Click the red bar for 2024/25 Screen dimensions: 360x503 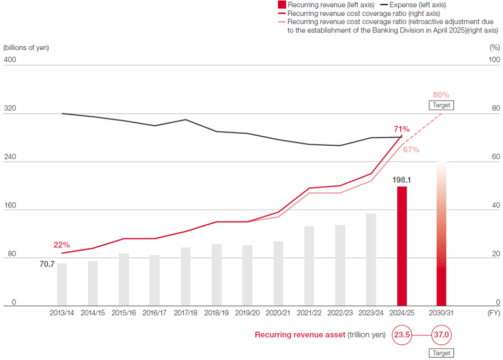(402, 246)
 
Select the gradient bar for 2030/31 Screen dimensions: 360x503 (441, 236)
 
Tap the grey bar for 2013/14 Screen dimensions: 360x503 (62, 284)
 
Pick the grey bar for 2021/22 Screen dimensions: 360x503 (309, 266)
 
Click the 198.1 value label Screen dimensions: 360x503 (401, 179)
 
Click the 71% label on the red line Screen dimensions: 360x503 (401, 128)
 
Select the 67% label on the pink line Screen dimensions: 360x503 (411, 149)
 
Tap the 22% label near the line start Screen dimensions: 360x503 (61, 245)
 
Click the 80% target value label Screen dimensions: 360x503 (441, 95)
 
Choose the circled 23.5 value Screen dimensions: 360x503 (402, 334)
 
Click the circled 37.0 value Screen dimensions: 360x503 (441, 334)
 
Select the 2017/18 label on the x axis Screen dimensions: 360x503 (185, 313)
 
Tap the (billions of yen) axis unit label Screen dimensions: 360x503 (26, 47)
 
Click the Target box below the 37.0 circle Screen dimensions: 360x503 (441, 353)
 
